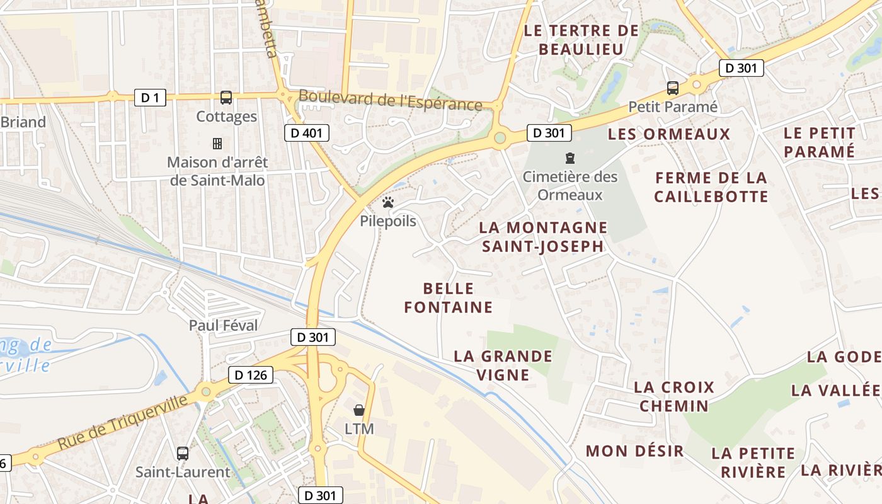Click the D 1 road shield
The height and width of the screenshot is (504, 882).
click(150, 98)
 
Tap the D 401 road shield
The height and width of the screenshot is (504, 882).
click(306, 133)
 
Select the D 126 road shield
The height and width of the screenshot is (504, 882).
click(251, 375)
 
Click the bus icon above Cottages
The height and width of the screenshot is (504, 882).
click(226, 98)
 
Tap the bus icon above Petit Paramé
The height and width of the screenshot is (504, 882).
click(673, 88)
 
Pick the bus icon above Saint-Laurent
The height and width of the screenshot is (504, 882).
click(183, 453)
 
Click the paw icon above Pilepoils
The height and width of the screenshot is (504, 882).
click(388, 202)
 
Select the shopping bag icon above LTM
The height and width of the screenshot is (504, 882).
click(359, 410)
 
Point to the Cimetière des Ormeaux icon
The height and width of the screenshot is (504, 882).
click(570, 157)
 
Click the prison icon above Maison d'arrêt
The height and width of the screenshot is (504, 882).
click(217, 144)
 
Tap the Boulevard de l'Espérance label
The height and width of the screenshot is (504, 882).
click(391, 100)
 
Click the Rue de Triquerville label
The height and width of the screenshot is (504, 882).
click(123, 423)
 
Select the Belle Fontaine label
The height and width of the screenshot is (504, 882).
click(448, 298)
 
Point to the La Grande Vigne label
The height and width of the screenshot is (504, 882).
click(503, 365)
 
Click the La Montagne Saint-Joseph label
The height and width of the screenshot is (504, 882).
click(543, 236)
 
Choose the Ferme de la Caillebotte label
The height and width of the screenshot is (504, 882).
click(711, 187)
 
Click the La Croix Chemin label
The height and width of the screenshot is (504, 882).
click(674, 396)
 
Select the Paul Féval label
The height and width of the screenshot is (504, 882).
click(224, 326)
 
